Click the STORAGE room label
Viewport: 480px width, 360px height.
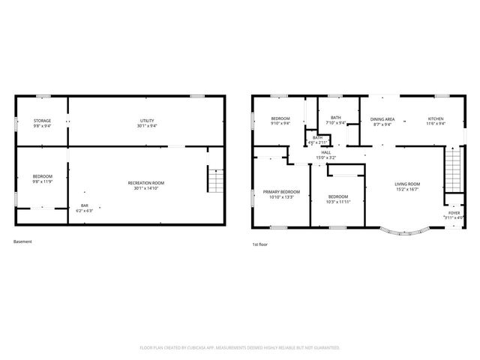tap(42, 121)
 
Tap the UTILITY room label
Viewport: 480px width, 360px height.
tap(146, 121)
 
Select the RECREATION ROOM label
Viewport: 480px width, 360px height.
tap(146, 183)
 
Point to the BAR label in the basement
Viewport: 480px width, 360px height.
tap(84, 205)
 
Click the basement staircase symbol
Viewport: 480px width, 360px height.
tap(215, 180)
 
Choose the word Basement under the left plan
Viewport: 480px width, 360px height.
tap(22, 241)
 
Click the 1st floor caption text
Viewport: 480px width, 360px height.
tap(259, 244)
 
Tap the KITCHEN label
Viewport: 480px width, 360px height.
tap(436, 119)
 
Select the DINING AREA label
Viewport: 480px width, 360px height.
tap(381, 119)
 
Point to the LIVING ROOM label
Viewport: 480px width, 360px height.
tap(408, 184)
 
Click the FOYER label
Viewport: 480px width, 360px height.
tap(454, 212)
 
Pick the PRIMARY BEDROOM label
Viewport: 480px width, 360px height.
tap(281, 192)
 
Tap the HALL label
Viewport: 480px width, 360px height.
tap(326, 152)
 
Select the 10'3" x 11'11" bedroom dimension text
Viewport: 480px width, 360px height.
tap(338, 201)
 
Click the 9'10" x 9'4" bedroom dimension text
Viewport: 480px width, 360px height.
tap(280, 124)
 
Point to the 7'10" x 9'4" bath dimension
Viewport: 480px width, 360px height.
tap(335, 123)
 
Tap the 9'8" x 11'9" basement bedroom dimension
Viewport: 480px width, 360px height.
tap(42, 181)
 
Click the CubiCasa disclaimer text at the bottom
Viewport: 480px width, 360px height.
tap(240, 348)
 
